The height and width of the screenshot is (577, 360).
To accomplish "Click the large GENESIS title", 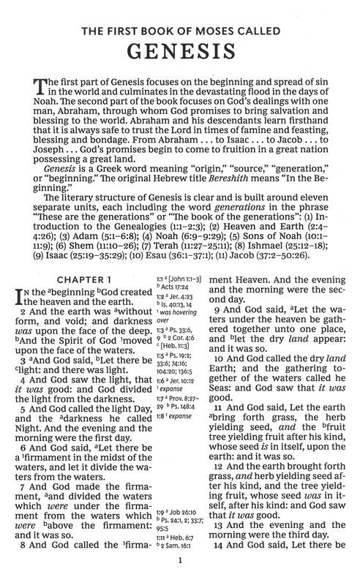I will [x=180, y=53].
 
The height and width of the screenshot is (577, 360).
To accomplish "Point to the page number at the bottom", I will [x=180, y=561].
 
